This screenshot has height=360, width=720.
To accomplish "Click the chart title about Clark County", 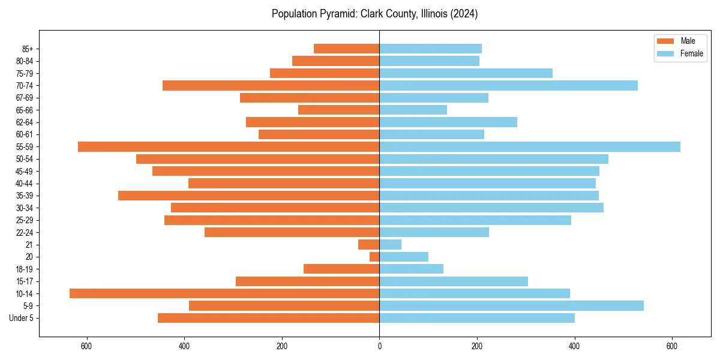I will pos(374,14).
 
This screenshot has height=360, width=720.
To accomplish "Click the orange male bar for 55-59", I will pos(229,146).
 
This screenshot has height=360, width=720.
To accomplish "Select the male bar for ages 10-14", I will pos(224,293).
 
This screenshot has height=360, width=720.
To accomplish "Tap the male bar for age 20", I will pos(374,257).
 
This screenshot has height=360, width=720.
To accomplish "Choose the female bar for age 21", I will pos(390,244).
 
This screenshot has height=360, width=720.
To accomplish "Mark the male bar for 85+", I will pos(347,49).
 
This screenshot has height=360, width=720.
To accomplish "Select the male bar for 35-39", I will pos(248,196).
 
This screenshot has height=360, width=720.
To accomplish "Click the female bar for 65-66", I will pos(413,110).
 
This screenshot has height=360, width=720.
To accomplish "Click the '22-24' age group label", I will pos(25,232).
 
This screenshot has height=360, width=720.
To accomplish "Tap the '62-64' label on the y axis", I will pos(25,122).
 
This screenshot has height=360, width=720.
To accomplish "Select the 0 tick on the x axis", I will pos(379,346).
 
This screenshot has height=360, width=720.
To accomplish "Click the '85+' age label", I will pos(26,49).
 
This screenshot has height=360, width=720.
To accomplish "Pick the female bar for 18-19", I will pos(411,269).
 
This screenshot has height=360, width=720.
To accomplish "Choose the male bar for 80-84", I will pos(335,61).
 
